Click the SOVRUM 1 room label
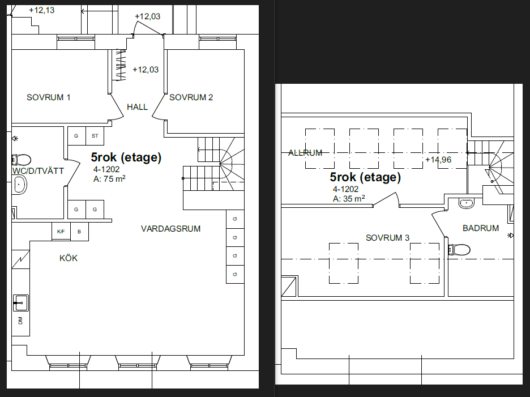pyautogui.click(x=48, y=97)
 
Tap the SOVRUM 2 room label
pyautogui.click(x=191, y=97)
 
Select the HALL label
pyautogui.click(x=137, y=107)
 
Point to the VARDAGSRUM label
pyautogui.click(x=170, y=229)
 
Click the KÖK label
pyautogui.click(x=69, y=258)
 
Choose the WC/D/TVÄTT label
pyautogui.click(x=38, y=171)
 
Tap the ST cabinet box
pyautogui.click(x=95, y=136)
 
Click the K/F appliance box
pyautogui.click(x=61, y=232)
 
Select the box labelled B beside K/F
pyautogui.click(x=79, y=232)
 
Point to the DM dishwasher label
pyautogui.click(x=20, y=320)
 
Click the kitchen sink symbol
pyautogui.click(x=20, y=302)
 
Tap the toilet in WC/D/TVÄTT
pyautogui.click(x=22, y=159)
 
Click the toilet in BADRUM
pyautogui.click(x=459, y=250)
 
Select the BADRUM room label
pyautogui.click(x=481, y=228)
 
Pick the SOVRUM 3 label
pyautogui.click(x=387, y=238)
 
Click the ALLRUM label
pyautogui.click(x=305, y=153)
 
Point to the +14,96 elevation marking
pyautogui.click(x=438, y=160)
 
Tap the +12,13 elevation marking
pyautogui.click(x=41, y=10)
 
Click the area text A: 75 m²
pyautogui.click(x=109, y=179)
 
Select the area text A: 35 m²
pyautogui.click(x=349, y=198)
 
